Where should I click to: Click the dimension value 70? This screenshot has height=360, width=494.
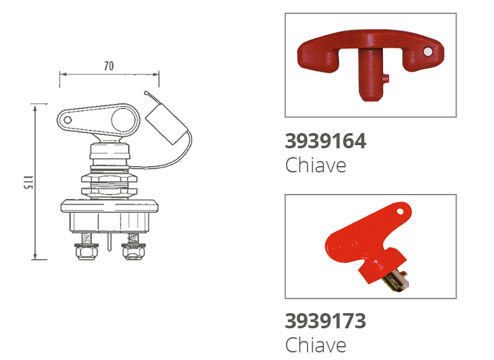(x=108, y=66)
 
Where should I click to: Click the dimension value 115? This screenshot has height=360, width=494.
(x=28, y=182)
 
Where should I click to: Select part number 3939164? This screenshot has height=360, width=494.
(x=325, y=141)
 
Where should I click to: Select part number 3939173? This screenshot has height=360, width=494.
(x=325, y=321)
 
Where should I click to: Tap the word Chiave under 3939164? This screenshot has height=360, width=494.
(x=316, y=165)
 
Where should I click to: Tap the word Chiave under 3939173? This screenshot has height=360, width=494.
(x=316, y=345)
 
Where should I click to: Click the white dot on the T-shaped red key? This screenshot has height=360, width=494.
(x=427, y=51)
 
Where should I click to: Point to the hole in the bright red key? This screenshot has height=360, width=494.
(x=400, y=211)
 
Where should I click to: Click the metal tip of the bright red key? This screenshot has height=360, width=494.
(x=397, y=280)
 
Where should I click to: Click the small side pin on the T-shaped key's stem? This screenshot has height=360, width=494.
(x=387, y=79)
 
